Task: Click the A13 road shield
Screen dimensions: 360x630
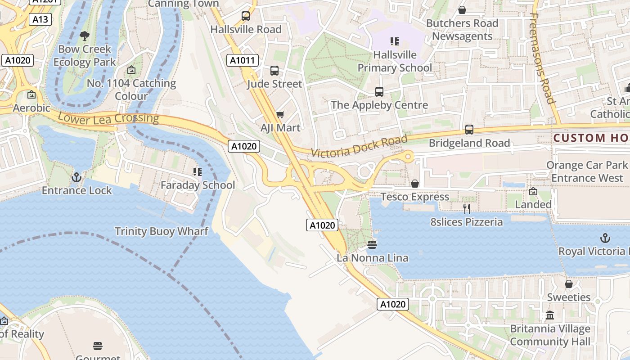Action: pyautogui.click(x=40, y=19)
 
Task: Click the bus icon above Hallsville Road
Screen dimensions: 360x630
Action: pyautogui.click(x=246, y=16)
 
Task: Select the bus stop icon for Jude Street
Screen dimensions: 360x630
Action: pyautogui.click(x=274, y=71)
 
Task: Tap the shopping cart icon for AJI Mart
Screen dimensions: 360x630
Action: pyautogui.click(x=280, y=115)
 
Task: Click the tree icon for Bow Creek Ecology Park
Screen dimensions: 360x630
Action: pyautogui.click(x=84, y=36)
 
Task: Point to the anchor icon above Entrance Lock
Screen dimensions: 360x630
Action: pyautogui.click(x=76, y=177)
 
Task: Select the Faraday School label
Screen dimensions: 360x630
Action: pyautogui.click(x=198, y=185)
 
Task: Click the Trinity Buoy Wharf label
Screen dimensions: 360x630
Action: pyautogui.click(x=161, y=231)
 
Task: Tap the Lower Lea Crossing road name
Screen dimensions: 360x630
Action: pyautogui.click(x=108, y=118)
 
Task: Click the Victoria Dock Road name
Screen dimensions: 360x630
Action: pyautogui.click(x=359, y=146)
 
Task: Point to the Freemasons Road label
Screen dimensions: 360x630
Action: pyautogui.click(x=542, y=58)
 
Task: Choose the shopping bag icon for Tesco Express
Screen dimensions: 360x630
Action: pyautogui.click(x=415, y=184)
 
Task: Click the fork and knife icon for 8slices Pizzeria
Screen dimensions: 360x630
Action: pyautogui.click(x=467, y=208)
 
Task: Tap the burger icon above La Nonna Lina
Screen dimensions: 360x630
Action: pyautogui.click(x=372, y=245)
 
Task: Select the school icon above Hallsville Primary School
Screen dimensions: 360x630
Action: pyautogui.click(x=395, y=41)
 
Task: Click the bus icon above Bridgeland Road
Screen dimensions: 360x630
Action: pyautogui.click(x=469, y=130)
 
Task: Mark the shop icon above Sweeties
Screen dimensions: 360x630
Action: pyautogui.click(x=569, y=284)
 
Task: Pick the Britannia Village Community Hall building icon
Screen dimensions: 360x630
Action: pyautogui.click(x=550, y=315)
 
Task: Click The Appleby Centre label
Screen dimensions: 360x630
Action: pyautogui.click(x=379, y=105)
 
